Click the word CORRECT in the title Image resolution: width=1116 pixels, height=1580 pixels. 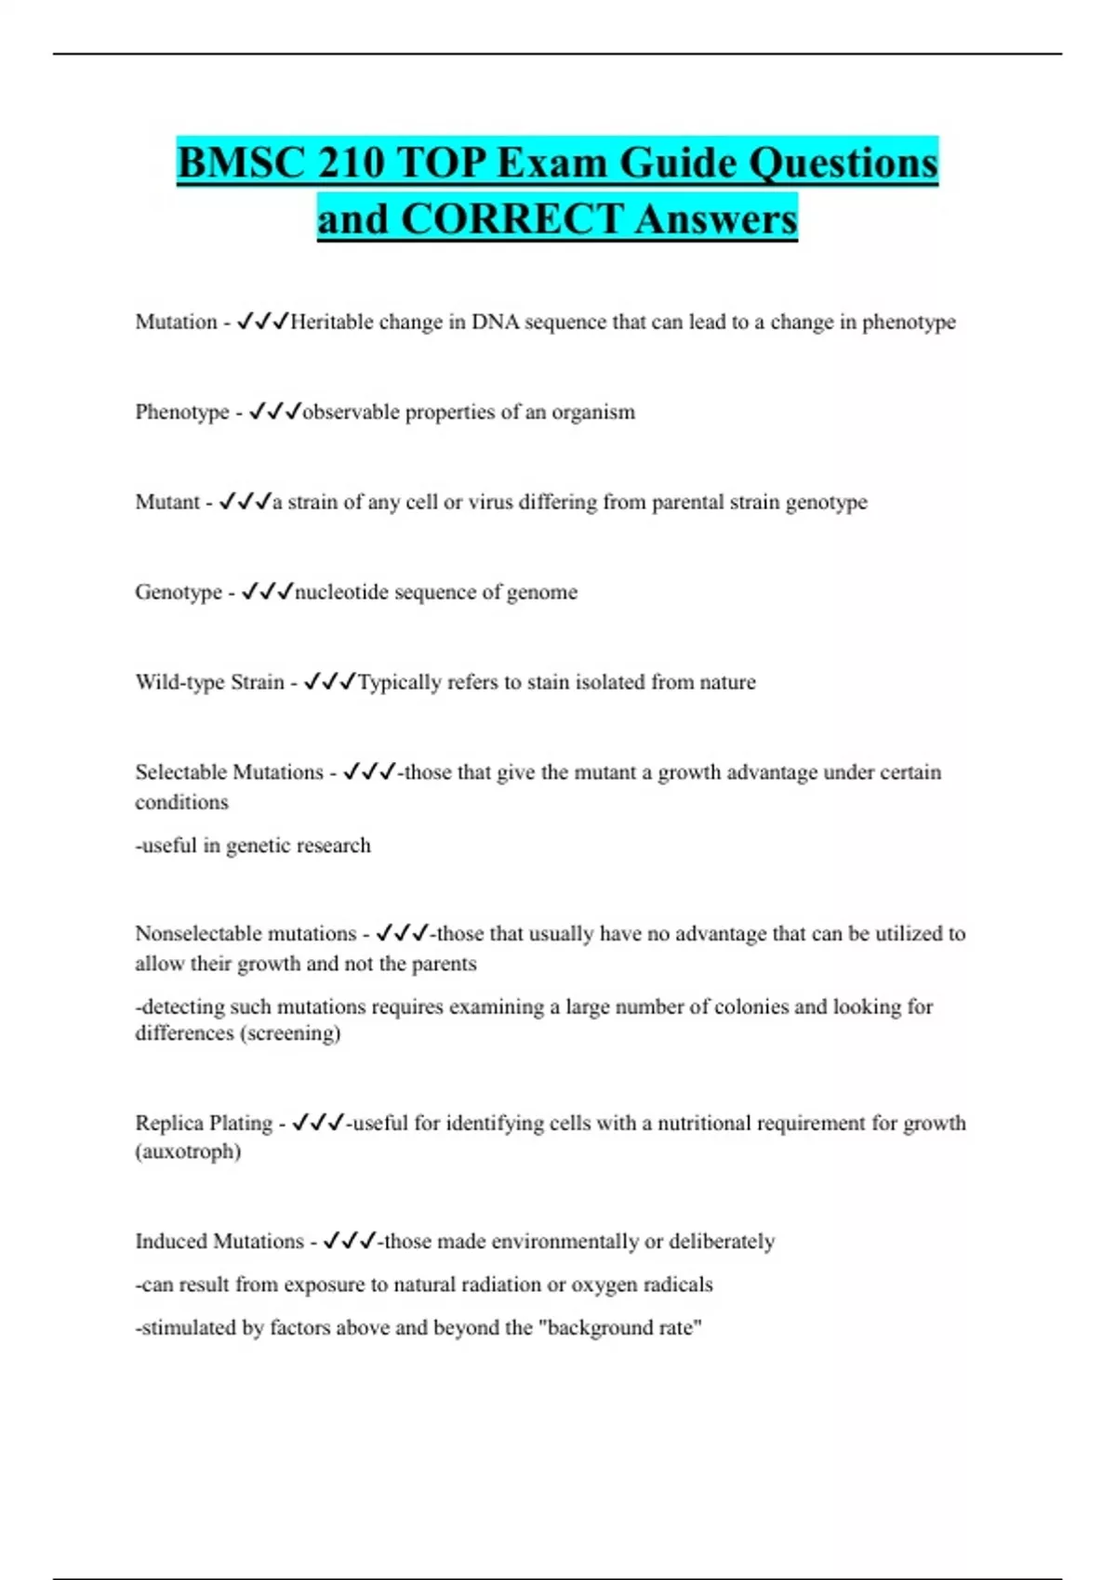[x=512, y=219]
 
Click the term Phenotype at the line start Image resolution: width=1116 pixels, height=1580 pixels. [x=181, y=412]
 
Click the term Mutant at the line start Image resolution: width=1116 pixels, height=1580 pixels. [x=167, y=502]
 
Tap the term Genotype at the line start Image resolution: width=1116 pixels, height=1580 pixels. [x=179, y=592]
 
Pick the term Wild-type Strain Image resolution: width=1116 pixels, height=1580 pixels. [x=209, y=682]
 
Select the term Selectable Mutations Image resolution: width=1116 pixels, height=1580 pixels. [x=229, y=772]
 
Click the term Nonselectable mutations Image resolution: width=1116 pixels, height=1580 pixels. [x=246, y=933]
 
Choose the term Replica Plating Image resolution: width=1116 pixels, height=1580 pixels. [x=204, y=1123]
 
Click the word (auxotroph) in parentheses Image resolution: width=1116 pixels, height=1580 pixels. [x=188, y=1152]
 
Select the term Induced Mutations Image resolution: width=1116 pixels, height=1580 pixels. [x=219, y=1242]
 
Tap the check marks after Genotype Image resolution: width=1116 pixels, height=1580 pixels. [x=267, y=591]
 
